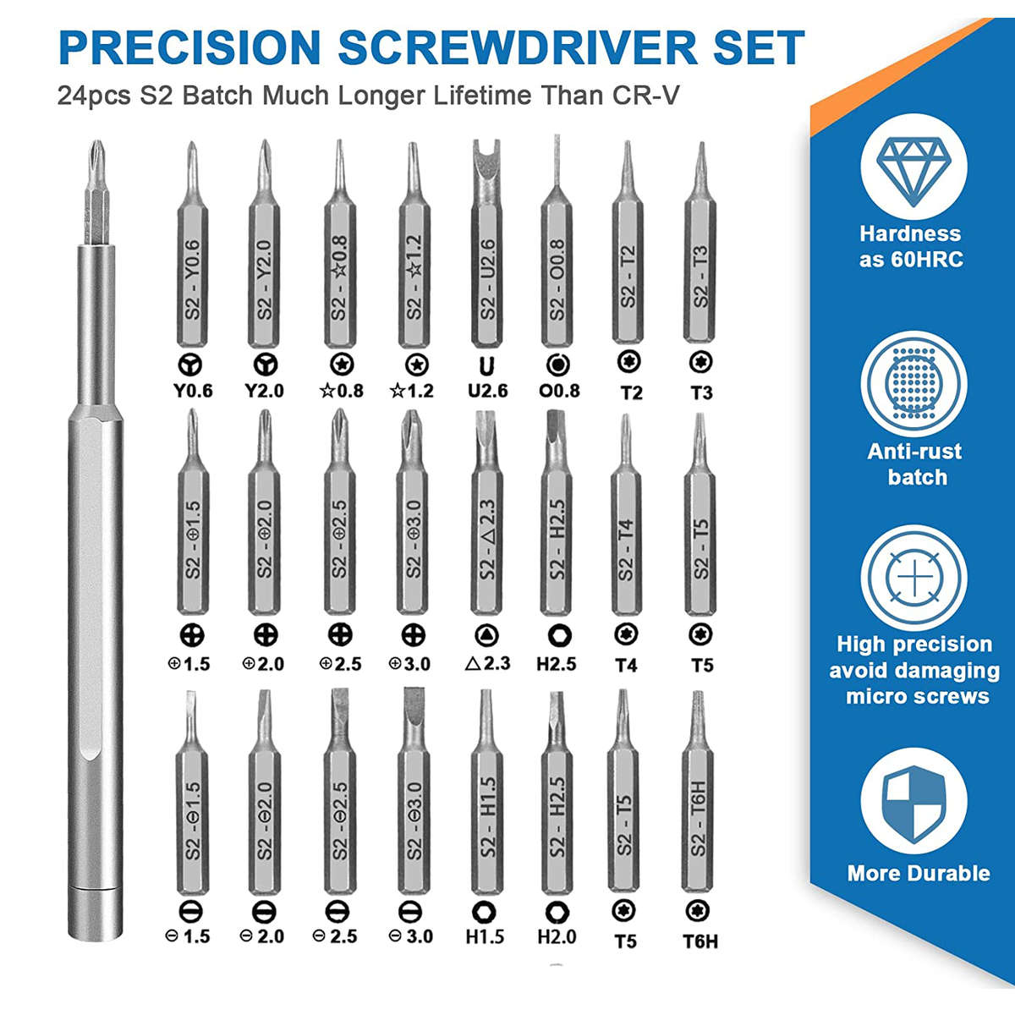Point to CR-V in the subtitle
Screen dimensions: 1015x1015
pyautogui.click(x=645, y=95)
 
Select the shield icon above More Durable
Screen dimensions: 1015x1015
pyautogui.click(x=913, y=803)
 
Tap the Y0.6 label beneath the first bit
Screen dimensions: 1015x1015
pyautogui.click(x=193, y=391)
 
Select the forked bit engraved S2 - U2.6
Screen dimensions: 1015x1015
pyautogui.click(x=486, y=245)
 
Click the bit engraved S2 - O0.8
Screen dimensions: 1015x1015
pyautogui.click(x=556, y=254)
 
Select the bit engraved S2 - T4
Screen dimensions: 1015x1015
pyautogui.click(x=625, y=524)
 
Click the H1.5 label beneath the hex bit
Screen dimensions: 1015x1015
pyautogui.click(x=485, y=936)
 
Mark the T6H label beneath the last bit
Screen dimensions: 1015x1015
pyautogui.click(x=700, y=941)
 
